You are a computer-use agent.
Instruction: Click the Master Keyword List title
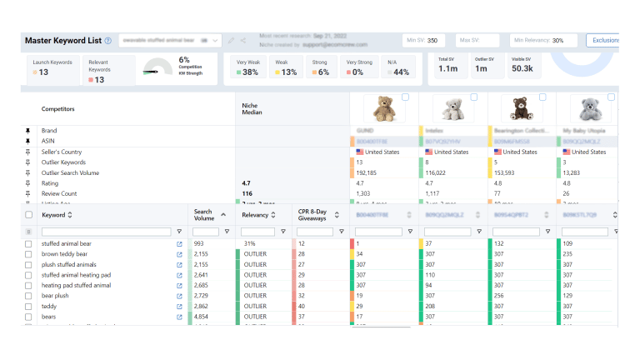[x=62, y=40]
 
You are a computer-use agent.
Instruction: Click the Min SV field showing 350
[x=426, y=40]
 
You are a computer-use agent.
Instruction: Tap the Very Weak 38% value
[x=247, y=72]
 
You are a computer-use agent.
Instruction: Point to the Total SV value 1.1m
[x=447, y=68]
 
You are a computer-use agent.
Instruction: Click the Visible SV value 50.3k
[x=522, y=68]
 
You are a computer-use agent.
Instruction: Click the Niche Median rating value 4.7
[x=246, y=182]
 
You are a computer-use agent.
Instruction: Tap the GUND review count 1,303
[x=366, y=192]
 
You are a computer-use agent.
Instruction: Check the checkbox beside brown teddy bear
[x=28, y=253]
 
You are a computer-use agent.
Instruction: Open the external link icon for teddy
[x=178, y=307]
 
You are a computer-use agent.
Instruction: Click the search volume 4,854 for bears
[x=205, y=317]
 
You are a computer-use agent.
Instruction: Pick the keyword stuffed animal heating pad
[x=76, y=275]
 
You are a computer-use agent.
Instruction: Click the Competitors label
[x=58, y=108]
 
